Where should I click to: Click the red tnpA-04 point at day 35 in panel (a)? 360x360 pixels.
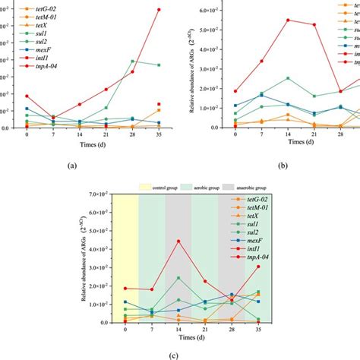[x=158, y=10]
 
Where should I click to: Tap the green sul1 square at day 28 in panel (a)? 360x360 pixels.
[x=132, y=61]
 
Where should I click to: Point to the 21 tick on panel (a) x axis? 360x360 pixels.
[x=106, y=134]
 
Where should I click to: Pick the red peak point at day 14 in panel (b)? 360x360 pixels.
[x=288, y=21]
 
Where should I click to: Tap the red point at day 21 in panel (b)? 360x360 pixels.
[x=314, y=25]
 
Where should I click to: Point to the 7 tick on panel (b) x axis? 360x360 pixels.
[x=261, y=135]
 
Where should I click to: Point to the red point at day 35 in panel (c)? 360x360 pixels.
[x=258, y=267]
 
